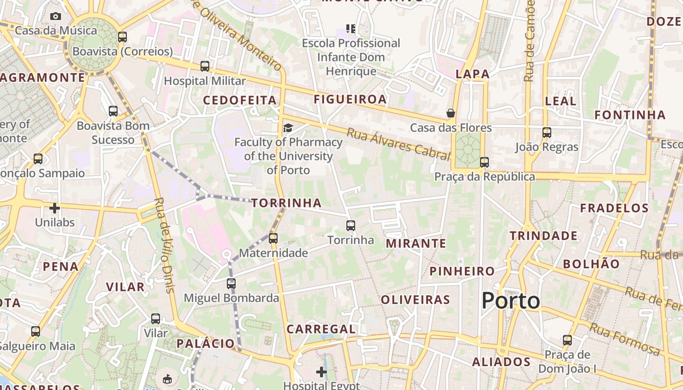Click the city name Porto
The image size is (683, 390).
pyautogui.click(x=511, y=301)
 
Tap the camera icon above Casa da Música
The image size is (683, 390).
pyautogui.click(x=56, y=17)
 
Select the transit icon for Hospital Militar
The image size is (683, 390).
pyautogui.click(x=205, y=66)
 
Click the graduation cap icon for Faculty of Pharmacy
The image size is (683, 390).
pyautogui.click(x=288, y=128)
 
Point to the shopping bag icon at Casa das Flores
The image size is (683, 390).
pyautogui.click(x=451, y=114)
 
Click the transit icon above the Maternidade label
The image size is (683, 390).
pyautogui.click(x=273, y=238)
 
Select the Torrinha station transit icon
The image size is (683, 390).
pyautogui.click(x=351, y=226)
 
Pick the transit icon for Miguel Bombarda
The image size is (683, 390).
pyautogui.click(x=231, y=284)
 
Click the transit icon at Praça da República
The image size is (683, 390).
pyautogui.click(x=484, y=162)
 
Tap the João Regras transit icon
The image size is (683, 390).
pyautogui.click(x=547, y=133)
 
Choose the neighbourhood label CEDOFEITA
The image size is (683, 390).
pyautogui.click(x=240, y=100)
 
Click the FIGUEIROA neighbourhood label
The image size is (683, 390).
pyautogui.click(x=350, y=99)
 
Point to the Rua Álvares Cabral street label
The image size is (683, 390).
pyautogui.click(x=398, y=144)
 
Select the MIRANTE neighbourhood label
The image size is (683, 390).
pyautogui.click(x=416, y=243)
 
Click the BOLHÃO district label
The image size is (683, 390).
pyautogui.click(x=591, y=264)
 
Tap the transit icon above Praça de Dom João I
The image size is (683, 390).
pyautogui.click(x=567, y=340)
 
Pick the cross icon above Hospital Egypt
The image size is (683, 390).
pyautogui.click(x=321, y=372)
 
